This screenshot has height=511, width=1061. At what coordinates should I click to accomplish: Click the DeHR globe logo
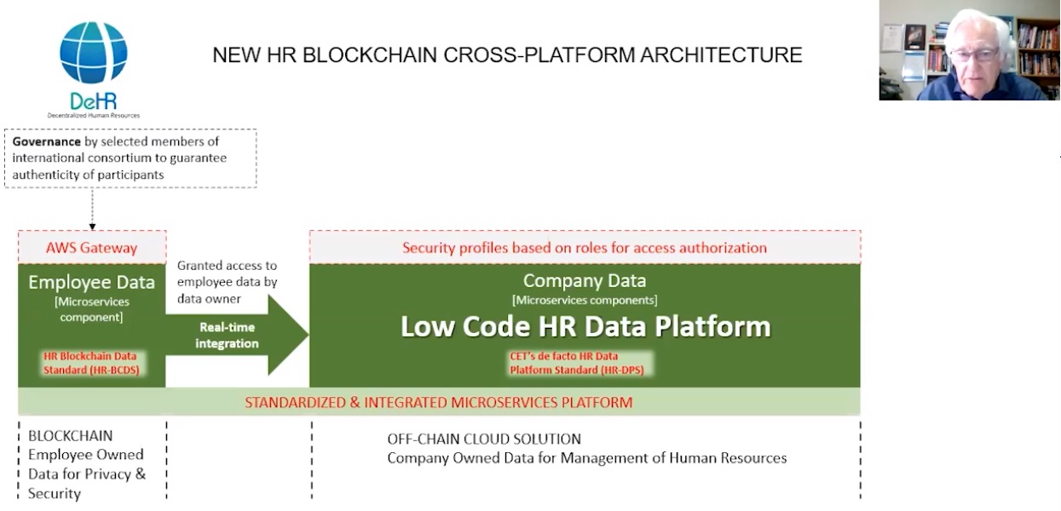point(93,53)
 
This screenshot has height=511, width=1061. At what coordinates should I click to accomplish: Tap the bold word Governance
point(46,141)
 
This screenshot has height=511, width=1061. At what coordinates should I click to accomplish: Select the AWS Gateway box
point(91,248)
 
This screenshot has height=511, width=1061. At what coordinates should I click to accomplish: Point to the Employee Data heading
point(91,282)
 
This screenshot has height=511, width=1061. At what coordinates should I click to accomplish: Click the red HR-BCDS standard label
point(91,363)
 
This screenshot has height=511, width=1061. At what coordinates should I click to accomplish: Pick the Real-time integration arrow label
point(227,336)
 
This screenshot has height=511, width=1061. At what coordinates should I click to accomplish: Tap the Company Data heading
point(584,280)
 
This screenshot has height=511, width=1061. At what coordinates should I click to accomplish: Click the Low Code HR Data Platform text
point(585,326)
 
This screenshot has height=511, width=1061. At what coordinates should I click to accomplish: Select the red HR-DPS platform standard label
point(576,363)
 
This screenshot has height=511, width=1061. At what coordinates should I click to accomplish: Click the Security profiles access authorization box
point(585,248)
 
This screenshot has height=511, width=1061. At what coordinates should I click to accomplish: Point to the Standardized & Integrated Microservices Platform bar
point(439,402)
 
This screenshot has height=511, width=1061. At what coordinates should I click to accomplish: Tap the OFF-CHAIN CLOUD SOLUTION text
point(484,439)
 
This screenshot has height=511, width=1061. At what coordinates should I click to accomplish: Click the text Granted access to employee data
point(227,282)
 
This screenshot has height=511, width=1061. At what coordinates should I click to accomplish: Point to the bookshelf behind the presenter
point(1035,51)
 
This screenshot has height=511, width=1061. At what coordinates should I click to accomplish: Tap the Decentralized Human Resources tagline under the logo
point(93,115)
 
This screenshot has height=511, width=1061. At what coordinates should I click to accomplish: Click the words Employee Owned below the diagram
point(85,455)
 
